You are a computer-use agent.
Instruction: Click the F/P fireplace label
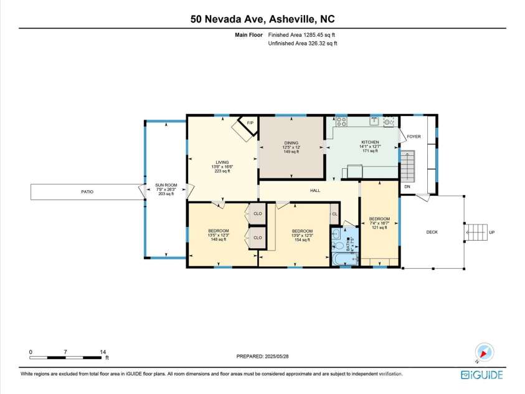(x=250, y=123)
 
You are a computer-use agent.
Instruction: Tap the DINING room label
(x=291, y=143)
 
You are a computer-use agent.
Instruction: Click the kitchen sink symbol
(x=375, y=121)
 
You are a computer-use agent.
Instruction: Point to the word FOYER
(x=414, y=137)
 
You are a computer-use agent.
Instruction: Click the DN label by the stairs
(x=407, y=186)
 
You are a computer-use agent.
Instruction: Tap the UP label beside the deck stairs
(x=492, y=233)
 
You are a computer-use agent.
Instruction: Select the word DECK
(x=432, y=233)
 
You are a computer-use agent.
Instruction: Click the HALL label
(x=315, y=190)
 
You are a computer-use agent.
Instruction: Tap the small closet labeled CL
(x=334, y=214)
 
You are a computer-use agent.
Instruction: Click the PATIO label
(x=87, y=191)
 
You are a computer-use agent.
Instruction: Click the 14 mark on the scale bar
(x=102, y=352)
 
